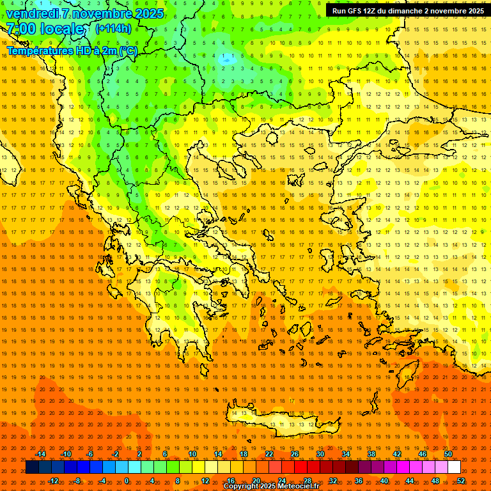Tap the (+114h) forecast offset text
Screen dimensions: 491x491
(113, 28)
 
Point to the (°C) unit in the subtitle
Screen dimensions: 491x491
(128, 51)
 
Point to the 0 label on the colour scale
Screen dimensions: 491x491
(127, 481)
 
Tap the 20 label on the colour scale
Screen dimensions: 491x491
(256, 481)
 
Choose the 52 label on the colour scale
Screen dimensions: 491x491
(461, 481)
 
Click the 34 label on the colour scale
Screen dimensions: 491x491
(346, 454)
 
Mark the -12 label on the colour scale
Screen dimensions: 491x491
(53, 481)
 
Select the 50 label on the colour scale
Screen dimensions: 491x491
(448, 454)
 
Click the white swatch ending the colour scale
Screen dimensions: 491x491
(454, 467)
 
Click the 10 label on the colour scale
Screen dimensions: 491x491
(192, 454)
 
